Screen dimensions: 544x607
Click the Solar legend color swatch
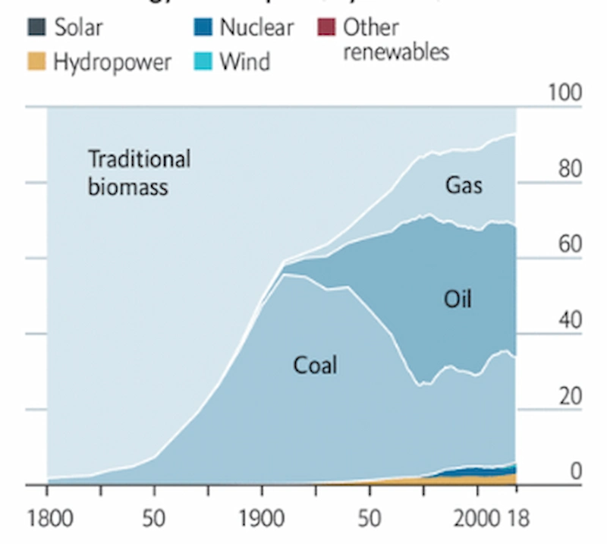[x=36, y=29]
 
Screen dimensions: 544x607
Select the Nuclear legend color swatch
[x=203, y=29]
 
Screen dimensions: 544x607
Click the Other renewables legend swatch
[x=326, y=29]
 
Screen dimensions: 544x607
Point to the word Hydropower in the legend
[x=112, y=62]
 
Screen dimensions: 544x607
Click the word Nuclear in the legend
[x=256, y=29]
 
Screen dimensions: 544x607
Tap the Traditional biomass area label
[x=139, y=172]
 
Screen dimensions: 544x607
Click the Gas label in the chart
[x=464, y=184]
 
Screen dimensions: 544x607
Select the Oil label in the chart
[x=458, y=299]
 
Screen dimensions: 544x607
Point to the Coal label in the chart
[x=315, y=366]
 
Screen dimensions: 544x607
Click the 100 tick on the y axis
[x=564, y=94]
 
